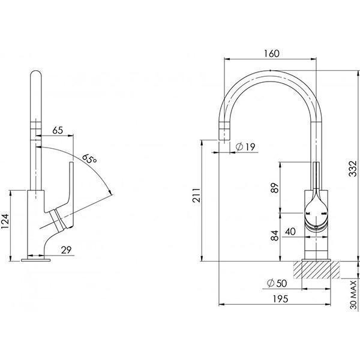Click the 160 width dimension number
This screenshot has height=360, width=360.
click(x=271, y=53)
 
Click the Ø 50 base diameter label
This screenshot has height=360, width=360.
click(x=275, y=283)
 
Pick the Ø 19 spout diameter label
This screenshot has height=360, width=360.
click(x=246, y=146)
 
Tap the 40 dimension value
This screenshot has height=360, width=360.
click(x=289, y=231)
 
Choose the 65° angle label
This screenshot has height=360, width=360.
click(x=89, y=160)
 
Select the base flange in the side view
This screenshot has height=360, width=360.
click(x=35, y=260)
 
